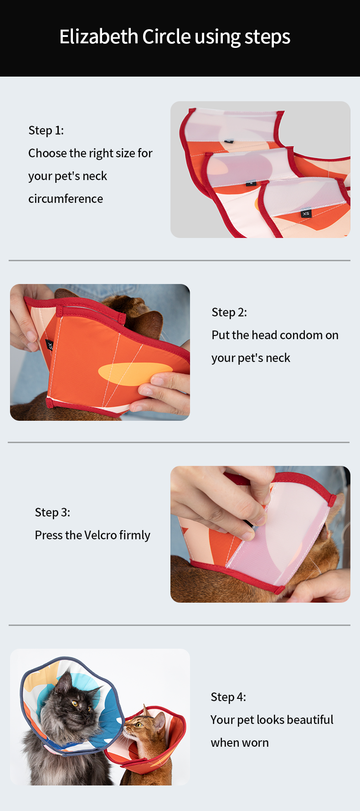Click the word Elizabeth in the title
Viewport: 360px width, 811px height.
[x=99, y=36]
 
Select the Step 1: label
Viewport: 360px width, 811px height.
[x=46, y=130]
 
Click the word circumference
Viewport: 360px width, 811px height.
[x=66, y=199]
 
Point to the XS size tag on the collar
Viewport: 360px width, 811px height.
[x=306, y=213]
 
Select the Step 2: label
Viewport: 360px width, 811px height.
[x=229, y=312]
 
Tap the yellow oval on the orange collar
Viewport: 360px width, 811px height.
[x=135, y=374]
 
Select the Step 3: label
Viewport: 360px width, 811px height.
[x=52, y=512]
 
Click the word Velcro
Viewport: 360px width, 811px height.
[x=101, y=535]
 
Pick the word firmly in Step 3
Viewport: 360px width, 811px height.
[x=135, y=536]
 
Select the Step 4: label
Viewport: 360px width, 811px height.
[x=228, y=697]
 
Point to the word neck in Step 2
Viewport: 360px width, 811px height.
[x=278, y=358]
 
